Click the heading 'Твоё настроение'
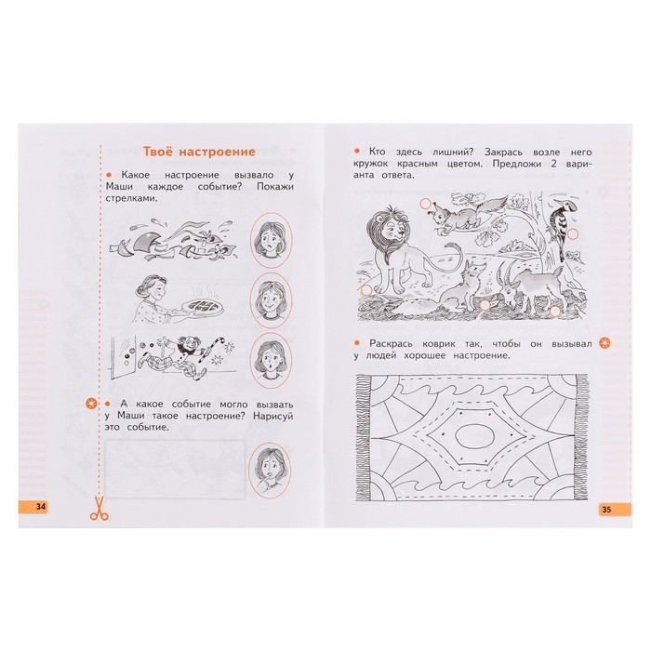coord(199,152)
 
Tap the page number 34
coord(41,507)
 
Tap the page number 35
coord(606,510)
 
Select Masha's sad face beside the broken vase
coord(272,240)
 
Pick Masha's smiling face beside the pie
coord(272,300)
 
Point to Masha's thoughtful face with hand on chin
coord(270,470)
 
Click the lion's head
coord(388,230)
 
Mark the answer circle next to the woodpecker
coord(573,234)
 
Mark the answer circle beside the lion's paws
coord(366,290)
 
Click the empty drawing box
coord(175,469)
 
